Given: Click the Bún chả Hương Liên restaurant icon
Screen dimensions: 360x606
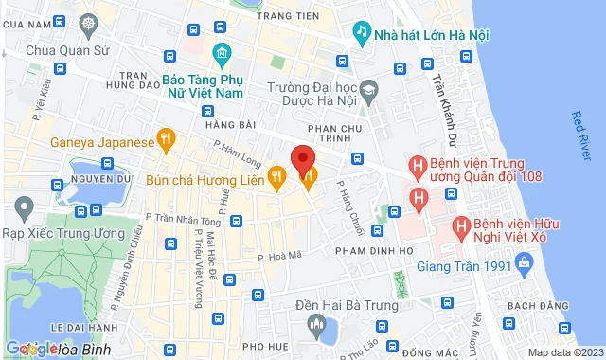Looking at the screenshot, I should click(276, 176).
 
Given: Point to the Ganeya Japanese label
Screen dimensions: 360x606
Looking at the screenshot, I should click(102, 142).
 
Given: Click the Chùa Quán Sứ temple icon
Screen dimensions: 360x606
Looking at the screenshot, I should click(88, 23).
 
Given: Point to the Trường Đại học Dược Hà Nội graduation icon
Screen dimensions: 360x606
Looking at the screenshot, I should click(366, 88).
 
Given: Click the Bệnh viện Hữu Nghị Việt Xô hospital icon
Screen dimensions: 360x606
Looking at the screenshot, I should click(461, 227).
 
